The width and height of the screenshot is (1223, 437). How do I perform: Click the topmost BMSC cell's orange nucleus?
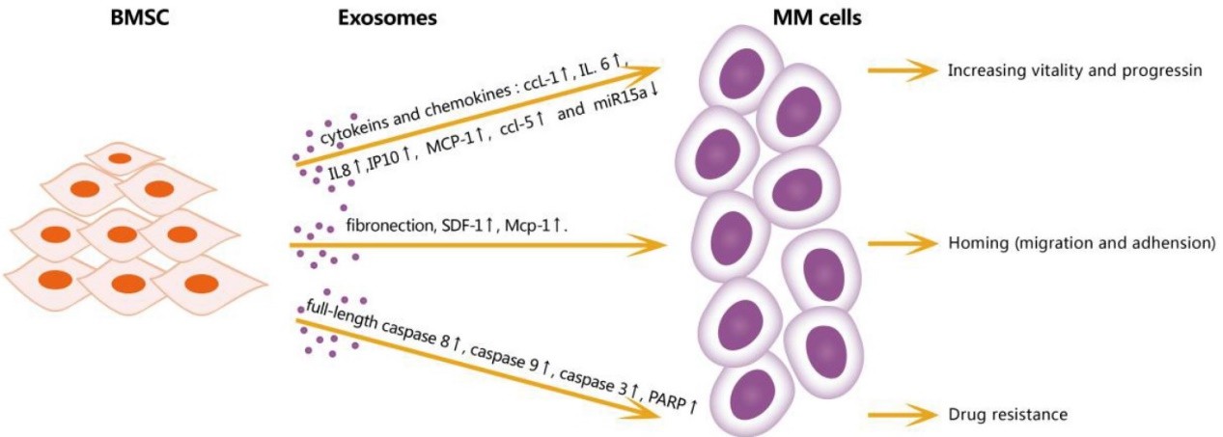click(x=120, y=157)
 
